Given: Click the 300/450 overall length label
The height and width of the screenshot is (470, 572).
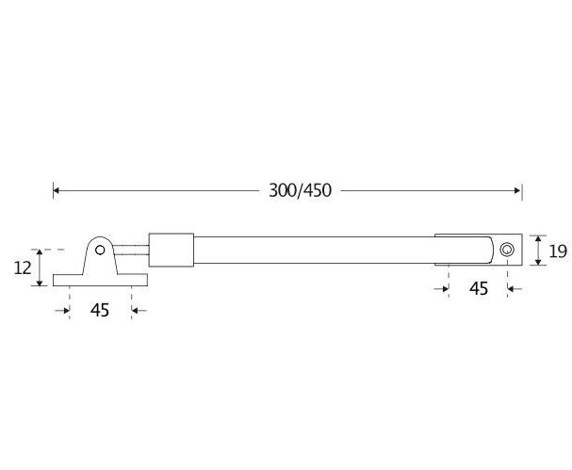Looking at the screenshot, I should click(300, 190).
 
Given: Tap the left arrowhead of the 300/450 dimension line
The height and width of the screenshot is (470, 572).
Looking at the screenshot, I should click(57, 190).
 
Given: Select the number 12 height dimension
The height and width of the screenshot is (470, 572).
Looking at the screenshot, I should click(22, 268).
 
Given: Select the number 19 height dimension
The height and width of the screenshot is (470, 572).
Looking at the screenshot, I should click(556, 251).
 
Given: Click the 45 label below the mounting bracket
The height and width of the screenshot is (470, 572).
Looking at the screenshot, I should click(101, 310).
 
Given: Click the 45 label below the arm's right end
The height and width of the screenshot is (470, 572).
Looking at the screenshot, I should click(478, 288).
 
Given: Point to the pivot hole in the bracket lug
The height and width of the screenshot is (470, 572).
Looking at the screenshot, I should click(101, 251).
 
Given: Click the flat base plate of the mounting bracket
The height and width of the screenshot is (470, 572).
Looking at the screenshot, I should click(101, 281).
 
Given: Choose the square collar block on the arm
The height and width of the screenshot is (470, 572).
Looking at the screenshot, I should click(172, 251).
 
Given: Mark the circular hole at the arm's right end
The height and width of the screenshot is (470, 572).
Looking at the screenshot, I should click(507, 250).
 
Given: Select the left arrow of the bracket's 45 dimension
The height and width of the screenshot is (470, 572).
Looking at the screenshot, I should click(66, 310).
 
